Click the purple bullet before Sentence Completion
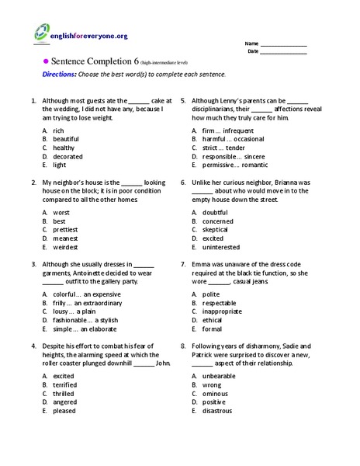pos(45,61)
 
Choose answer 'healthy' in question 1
pos(64,147)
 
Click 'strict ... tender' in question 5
pos(223,147)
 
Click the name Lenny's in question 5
pos(241,99)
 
